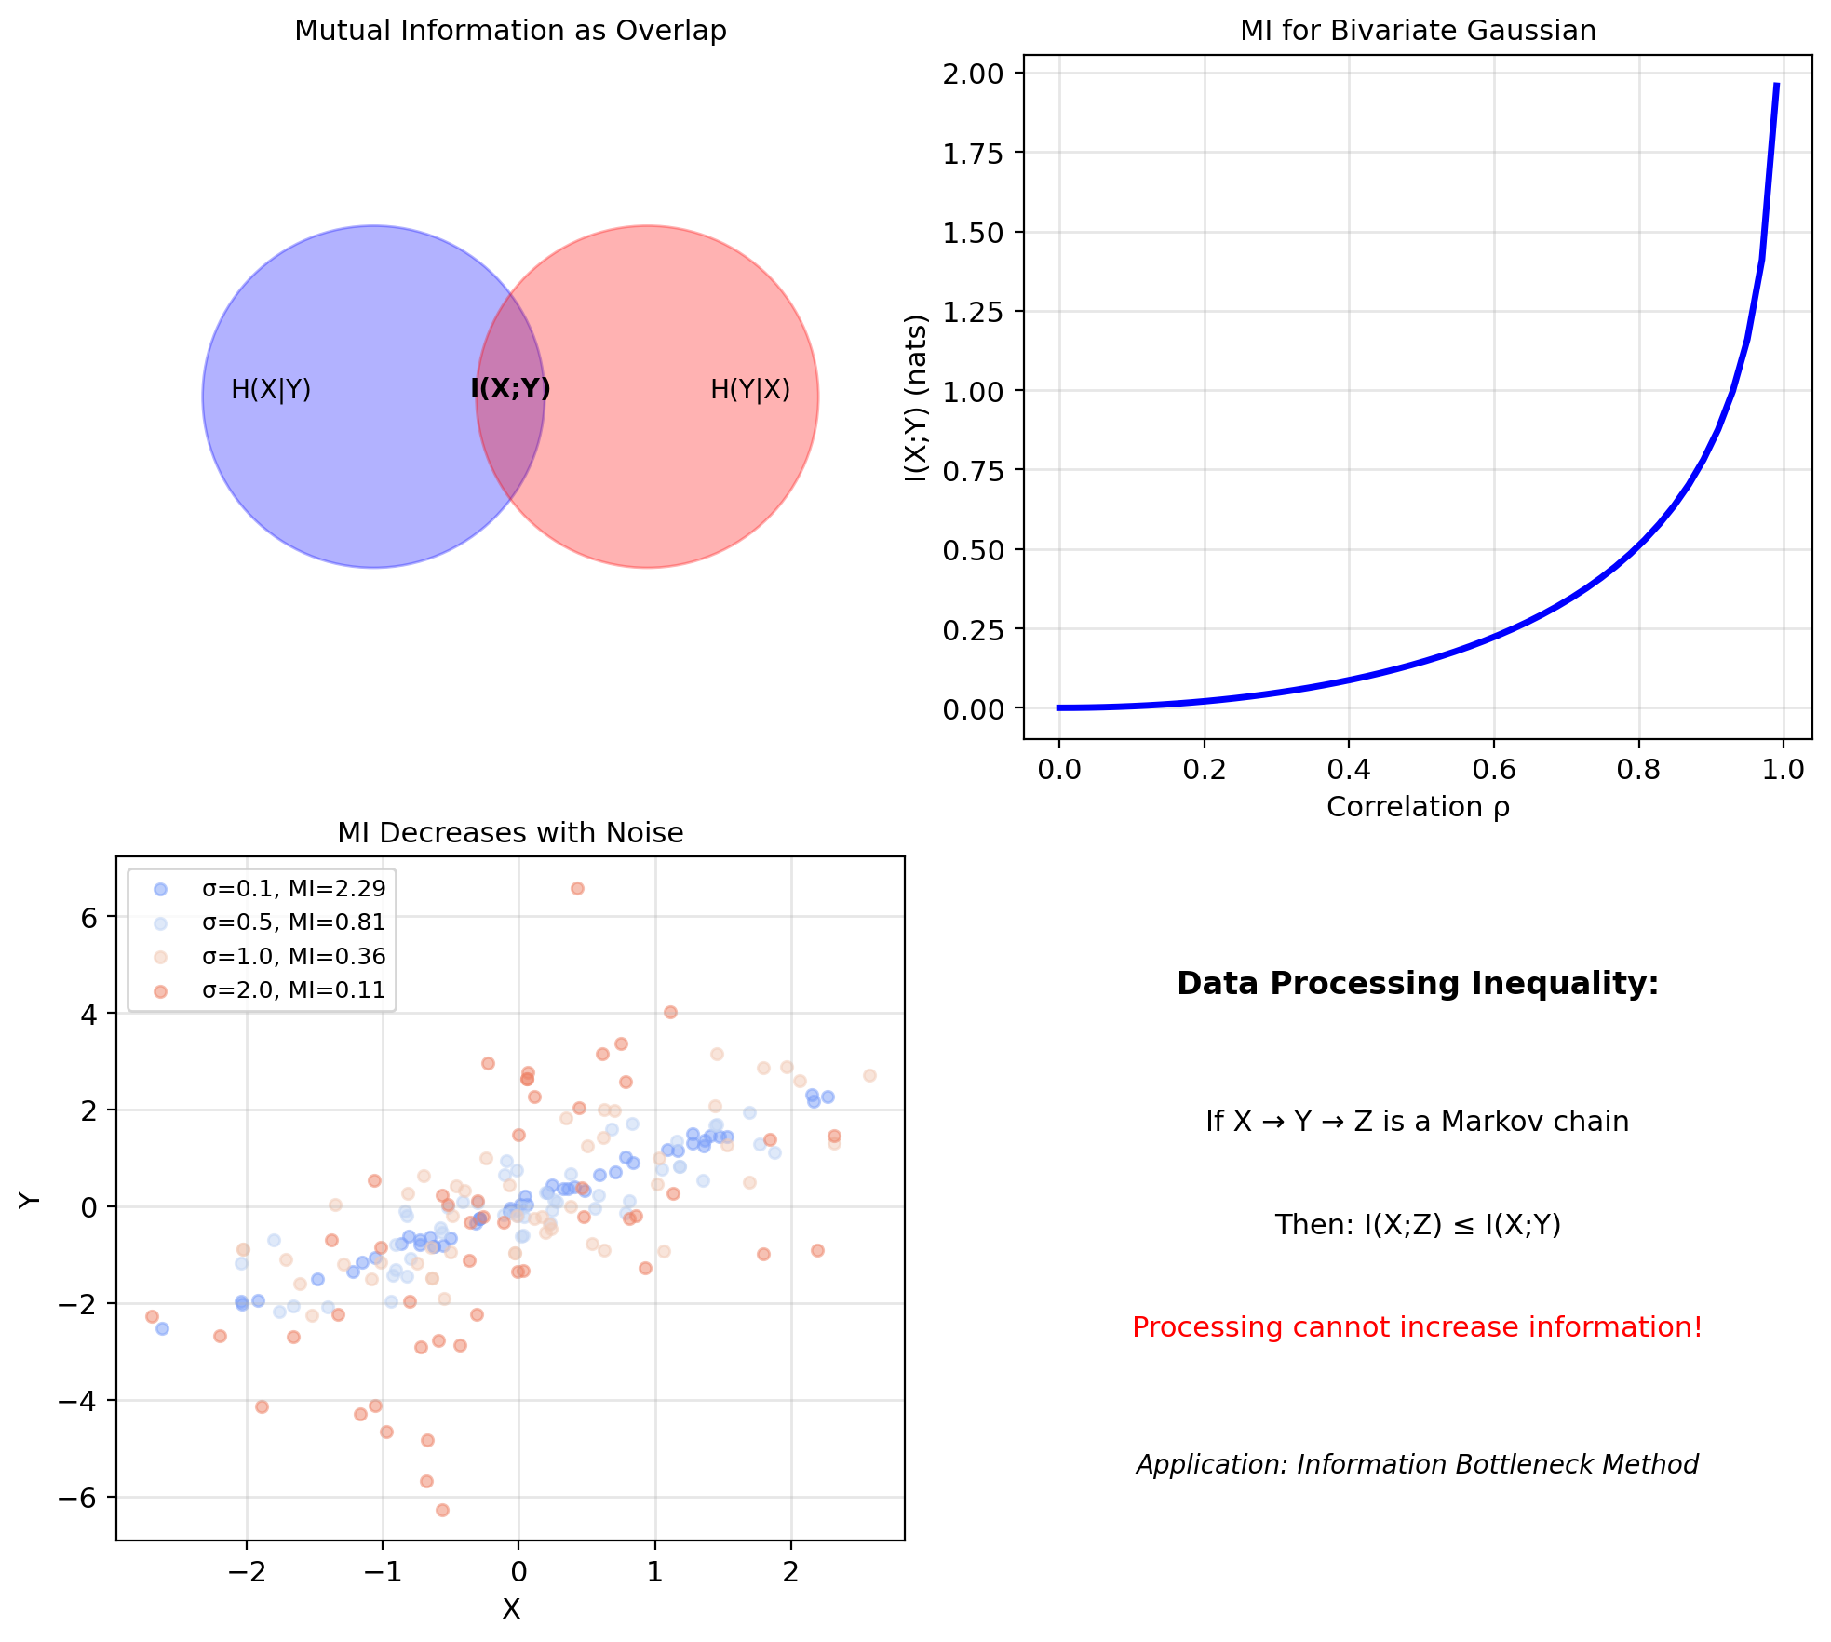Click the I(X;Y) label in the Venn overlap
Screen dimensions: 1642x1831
510,388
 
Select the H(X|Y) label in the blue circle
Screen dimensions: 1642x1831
271,389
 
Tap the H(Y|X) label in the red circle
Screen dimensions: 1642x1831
749,389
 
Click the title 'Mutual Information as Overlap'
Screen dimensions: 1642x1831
510,31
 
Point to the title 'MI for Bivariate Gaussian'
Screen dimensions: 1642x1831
1417,31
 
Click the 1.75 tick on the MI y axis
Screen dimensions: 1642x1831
973,154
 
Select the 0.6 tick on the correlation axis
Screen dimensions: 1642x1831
1493,770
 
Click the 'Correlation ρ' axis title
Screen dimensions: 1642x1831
1417,807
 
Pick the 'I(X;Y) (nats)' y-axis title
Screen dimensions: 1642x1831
917,397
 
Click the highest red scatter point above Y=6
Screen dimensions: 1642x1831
577,888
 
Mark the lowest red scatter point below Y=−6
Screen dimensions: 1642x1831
442,1510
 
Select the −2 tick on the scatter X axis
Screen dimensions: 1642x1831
246,1572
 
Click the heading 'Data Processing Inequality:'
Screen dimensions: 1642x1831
1417,984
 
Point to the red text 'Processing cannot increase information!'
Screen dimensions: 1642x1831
1417,1327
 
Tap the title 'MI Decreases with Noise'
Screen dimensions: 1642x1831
510,833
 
